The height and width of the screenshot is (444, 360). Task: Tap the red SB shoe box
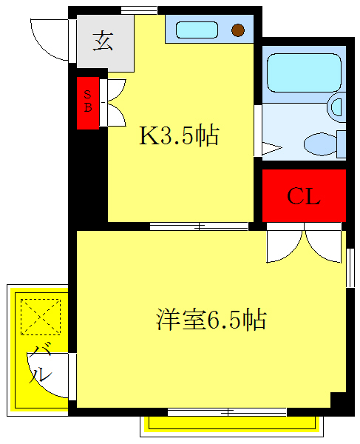[88, 103]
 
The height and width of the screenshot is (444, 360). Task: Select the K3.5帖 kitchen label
[180, 136]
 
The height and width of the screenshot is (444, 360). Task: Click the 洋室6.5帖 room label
[211, 320]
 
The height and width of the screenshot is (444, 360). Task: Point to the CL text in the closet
[304, 197]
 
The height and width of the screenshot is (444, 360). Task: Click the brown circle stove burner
[238, 30]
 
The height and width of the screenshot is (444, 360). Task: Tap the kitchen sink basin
[197, 30]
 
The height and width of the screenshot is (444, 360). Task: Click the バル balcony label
[41, 363]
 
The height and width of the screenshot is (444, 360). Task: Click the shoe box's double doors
[115, 102]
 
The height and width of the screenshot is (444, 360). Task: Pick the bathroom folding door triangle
[271, 148]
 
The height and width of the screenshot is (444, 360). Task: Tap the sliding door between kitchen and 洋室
[198, 226]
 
